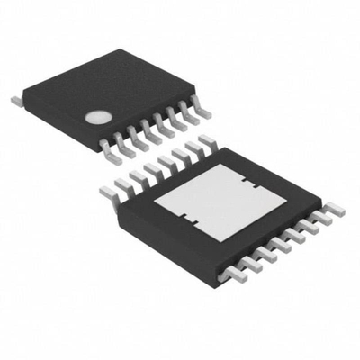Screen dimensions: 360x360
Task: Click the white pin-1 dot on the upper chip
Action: pos(97,116)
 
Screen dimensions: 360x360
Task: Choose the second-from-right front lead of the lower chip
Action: pos(320,219)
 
